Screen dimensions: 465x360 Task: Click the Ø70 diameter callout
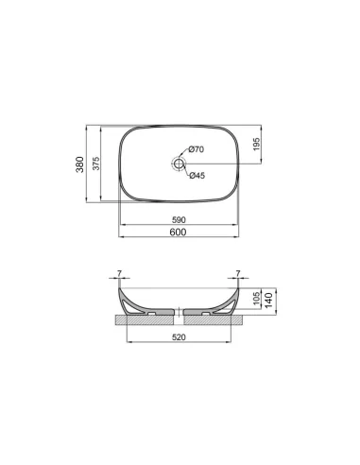(x=196, y=150)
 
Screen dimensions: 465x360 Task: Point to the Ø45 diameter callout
(x=196, y=174)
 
